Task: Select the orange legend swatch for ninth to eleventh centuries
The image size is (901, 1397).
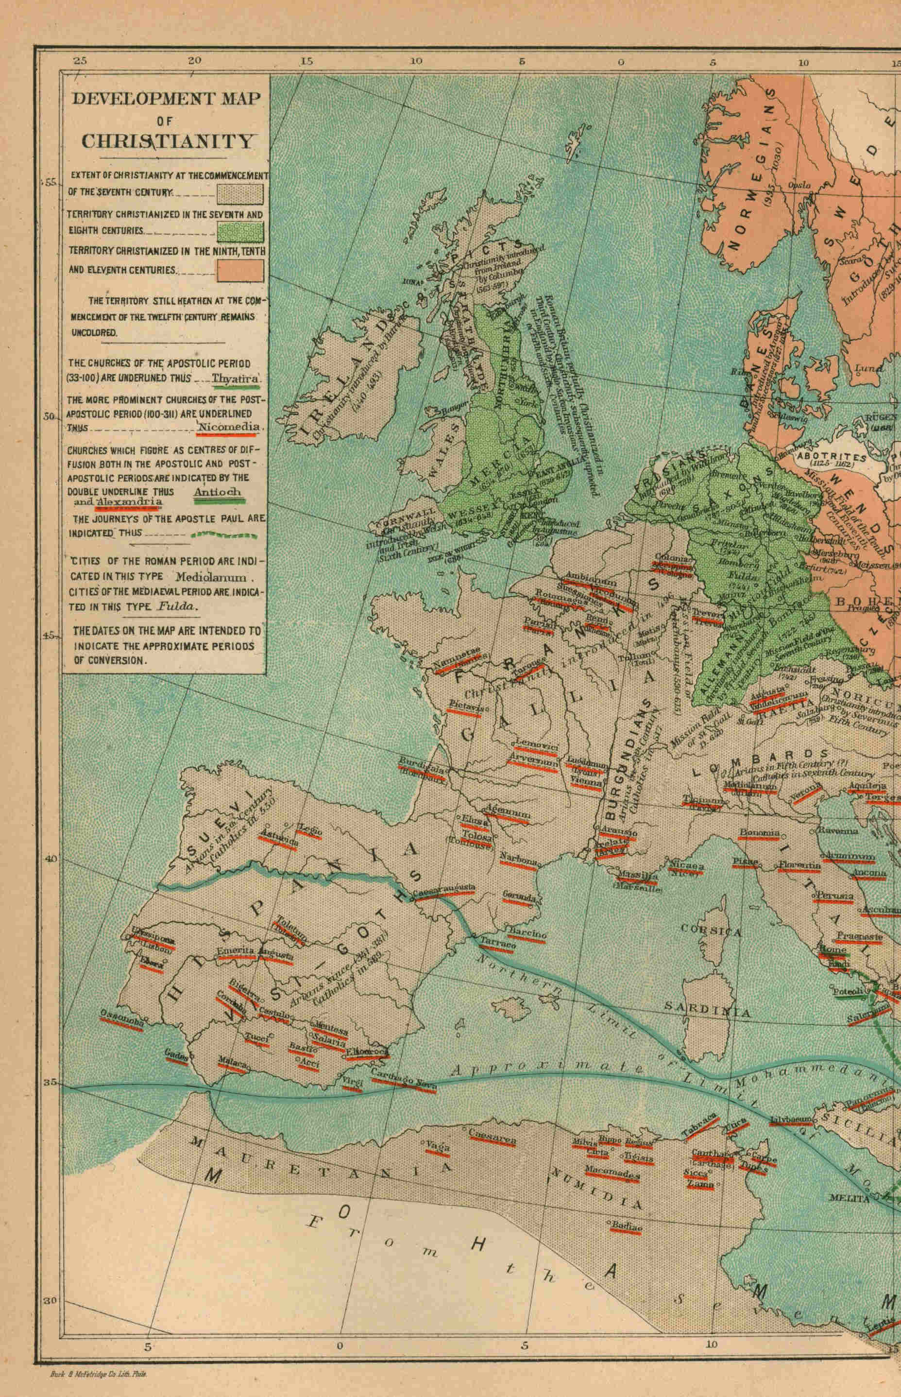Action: click(240, 270)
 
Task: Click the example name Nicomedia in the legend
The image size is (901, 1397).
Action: click(228, 427)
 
